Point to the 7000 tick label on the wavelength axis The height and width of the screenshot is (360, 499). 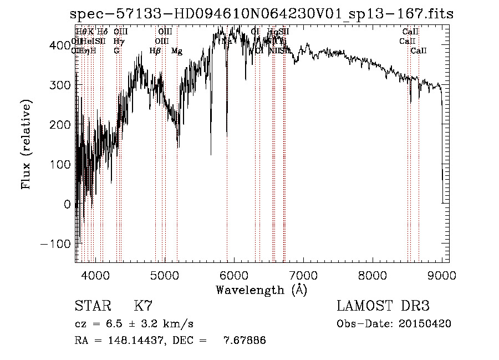pyautogui.click(x=303, y=275)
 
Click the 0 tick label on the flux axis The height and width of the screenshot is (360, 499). pyautogui.click(x=67, y=204)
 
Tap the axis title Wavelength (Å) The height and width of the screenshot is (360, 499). pyautogui.click(x=261, y=289)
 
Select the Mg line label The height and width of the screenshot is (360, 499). pyautogui.click(x=177, y=51)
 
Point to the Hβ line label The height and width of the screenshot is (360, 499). pyautogui.click(x=155, y=51)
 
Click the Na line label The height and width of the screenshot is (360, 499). pyautogui.click(x=227, y=41)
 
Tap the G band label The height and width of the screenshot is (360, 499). pyautogui.click(x=116, y=50)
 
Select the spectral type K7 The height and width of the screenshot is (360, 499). pyautogui.click(x=143, y=306)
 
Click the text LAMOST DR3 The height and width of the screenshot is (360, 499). pyautogui.click(x=383, y=306)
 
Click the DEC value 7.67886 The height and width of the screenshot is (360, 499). pyautogui.click(x=244, y=341)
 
